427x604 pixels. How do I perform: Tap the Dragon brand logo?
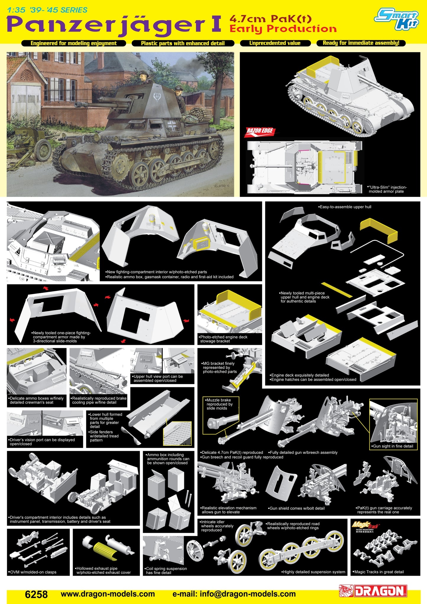click(373, 591)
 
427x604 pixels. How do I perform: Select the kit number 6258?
click(36, 594)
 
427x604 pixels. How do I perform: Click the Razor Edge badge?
click(259, 132)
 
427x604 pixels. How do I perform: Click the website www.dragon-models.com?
click(108, 594)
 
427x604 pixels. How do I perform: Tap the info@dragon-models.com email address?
click(234, 594)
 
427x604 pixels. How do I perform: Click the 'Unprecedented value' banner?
click(275, 43)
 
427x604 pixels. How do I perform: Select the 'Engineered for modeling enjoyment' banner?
click(74, 43)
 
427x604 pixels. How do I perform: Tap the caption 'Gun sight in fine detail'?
click(393, 446)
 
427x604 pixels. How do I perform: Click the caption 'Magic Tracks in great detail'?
click(378, 572)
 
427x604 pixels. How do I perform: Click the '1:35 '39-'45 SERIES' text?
click(47, 10)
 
